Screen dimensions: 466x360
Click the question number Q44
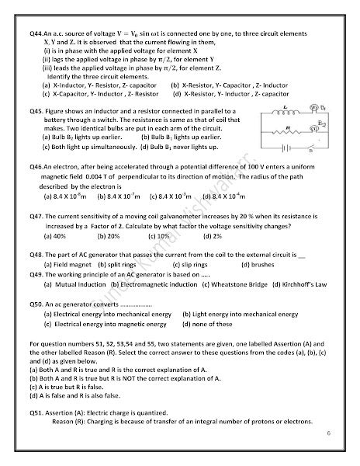[x=35, y=33]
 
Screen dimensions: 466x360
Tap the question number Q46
[x=35, y=167]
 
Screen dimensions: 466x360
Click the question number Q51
[x=35, y=412]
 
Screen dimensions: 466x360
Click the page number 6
[x=328, y=447]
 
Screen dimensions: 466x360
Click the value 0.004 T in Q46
[x=89, y=177]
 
